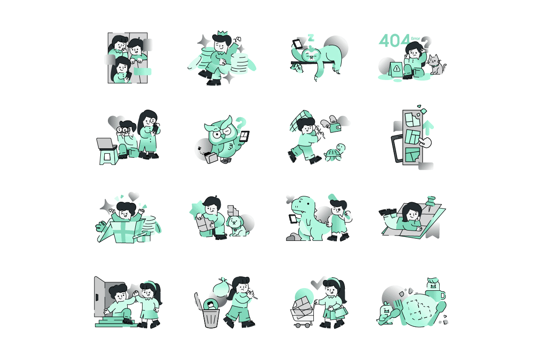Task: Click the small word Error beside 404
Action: pos(415,39)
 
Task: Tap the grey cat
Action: pos(436,65)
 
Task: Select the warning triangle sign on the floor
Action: pos(396,69)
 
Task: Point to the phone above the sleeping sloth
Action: pos(297,44)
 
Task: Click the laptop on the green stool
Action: pos(106,144)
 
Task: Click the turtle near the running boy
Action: pos(335,152)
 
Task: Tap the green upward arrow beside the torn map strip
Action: pos(428,128)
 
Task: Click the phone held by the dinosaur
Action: pos(293,219)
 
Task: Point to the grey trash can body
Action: pos(211,318)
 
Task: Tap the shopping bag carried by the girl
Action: pos(339,313)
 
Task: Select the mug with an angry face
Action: pos(434,290)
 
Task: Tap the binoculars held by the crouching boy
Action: pos(122,130)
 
